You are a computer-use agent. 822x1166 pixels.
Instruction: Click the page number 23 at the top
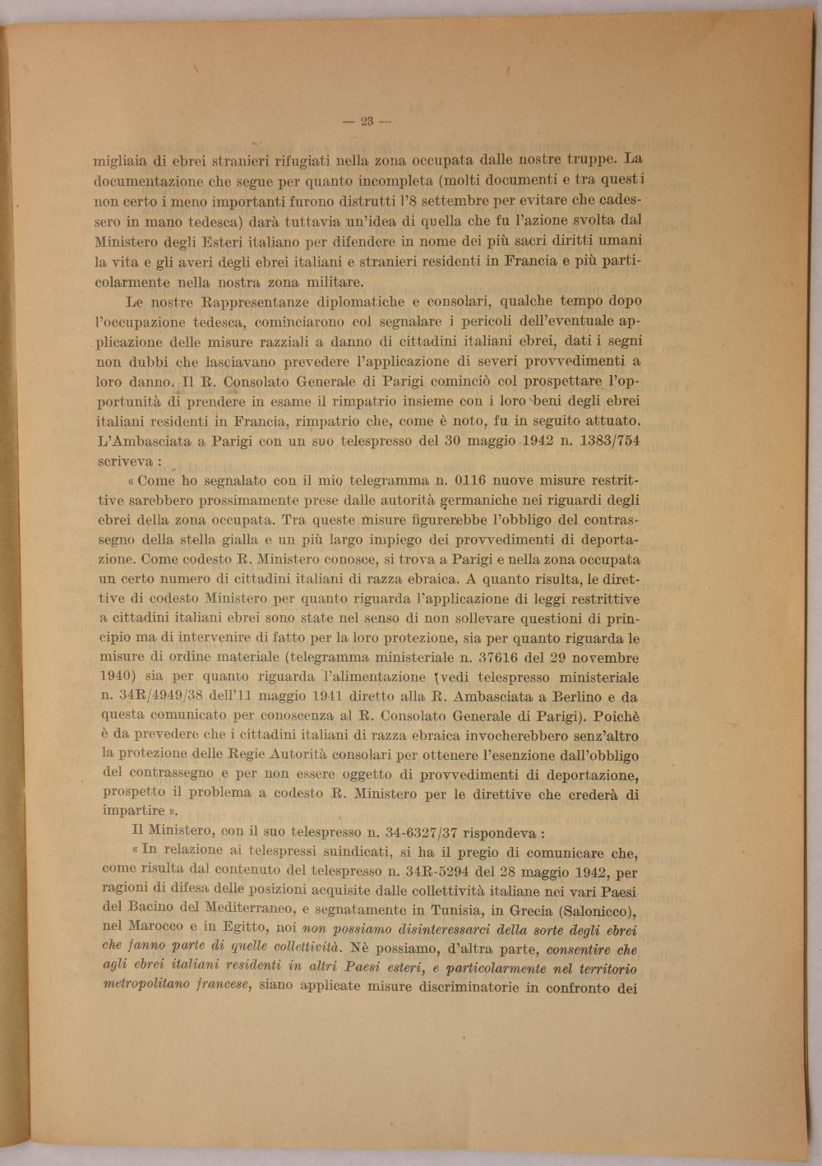[367, 122]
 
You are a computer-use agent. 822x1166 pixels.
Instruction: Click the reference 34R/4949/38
[162, 696]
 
